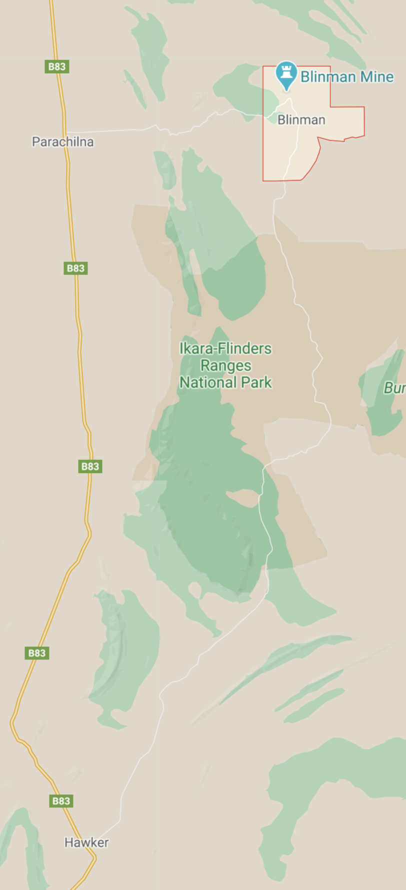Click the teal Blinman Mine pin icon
pos(286,74)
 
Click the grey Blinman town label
pos(301,120)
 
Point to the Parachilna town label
pos(62,142)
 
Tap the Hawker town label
pos(86,842)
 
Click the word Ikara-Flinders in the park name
pos(225,348)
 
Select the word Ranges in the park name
pos(225,365)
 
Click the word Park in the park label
pos(256,382)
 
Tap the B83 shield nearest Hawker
pos(61,801)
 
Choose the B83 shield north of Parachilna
pos(56,66)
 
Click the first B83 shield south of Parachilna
pos(76,268)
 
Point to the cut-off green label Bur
pos(394,388)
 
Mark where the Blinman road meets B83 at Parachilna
pos(66,132)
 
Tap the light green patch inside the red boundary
pos(270,100)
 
